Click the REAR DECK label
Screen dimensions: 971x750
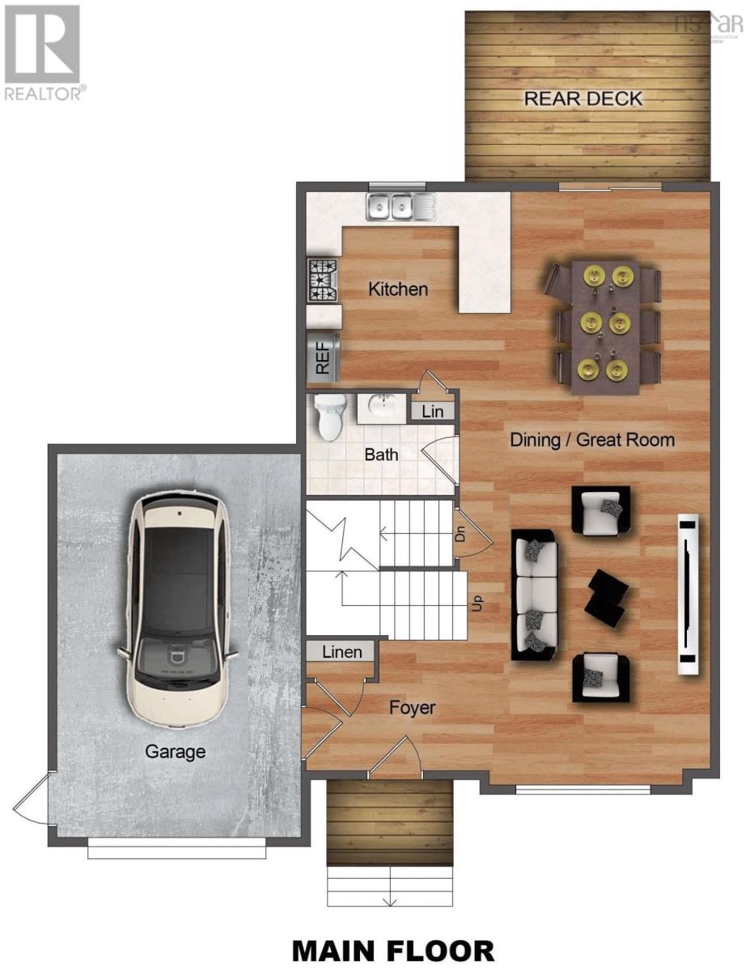point(583,99)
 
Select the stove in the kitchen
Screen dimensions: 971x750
point(321,281)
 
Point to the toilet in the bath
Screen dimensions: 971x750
point(329,418)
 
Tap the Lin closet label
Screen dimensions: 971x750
point(433,411)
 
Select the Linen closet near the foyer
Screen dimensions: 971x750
point(341,651)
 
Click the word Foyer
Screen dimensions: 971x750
point(412,708)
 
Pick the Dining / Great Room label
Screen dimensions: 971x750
point(591,440)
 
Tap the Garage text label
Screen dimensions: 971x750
point(175,752)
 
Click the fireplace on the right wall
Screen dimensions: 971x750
point(688,595)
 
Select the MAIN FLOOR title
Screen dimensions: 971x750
point(392,951)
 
